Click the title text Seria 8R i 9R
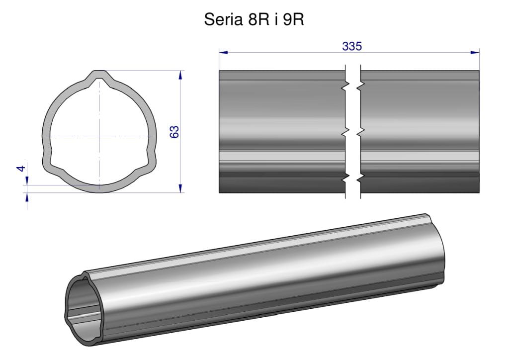point(254,19)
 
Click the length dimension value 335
point(352,46)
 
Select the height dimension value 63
point(174,132)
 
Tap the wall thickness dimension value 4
point(21,169)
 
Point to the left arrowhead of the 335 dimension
point(223,52)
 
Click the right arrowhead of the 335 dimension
point(475,52)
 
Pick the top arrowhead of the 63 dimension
point(180,75)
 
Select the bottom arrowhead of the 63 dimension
point(180,188)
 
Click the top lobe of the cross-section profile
point(99,77)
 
